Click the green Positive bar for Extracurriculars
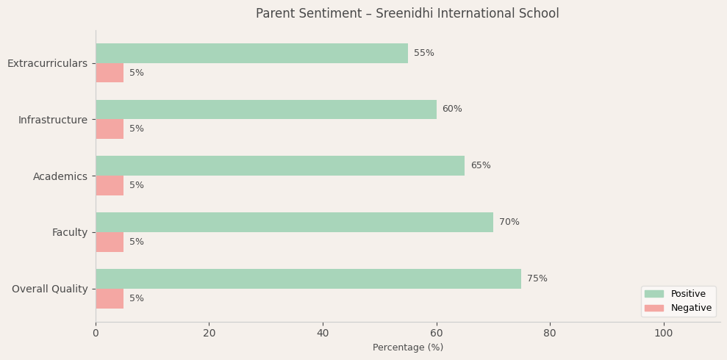coord(251,53)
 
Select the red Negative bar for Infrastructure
coord(110,129)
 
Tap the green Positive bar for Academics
coord(280,165)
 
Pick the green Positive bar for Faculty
coord(294,222)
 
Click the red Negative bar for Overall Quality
coord(110,298)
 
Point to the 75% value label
coord(537,278)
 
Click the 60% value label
coord(452,109)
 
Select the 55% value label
coord(424,53)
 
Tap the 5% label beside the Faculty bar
coord(137,242)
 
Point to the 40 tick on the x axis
coord(323,334)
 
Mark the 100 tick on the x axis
coord(664,334)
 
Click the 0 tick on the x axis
coord(96,334)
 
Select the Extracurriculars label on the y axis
coord(47,63)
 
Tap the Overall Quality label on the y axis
coord(49,289)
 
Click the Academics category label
coord(60,176)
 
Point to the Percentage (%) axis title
coord(408,348)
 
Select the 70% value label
coord(509,222)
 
